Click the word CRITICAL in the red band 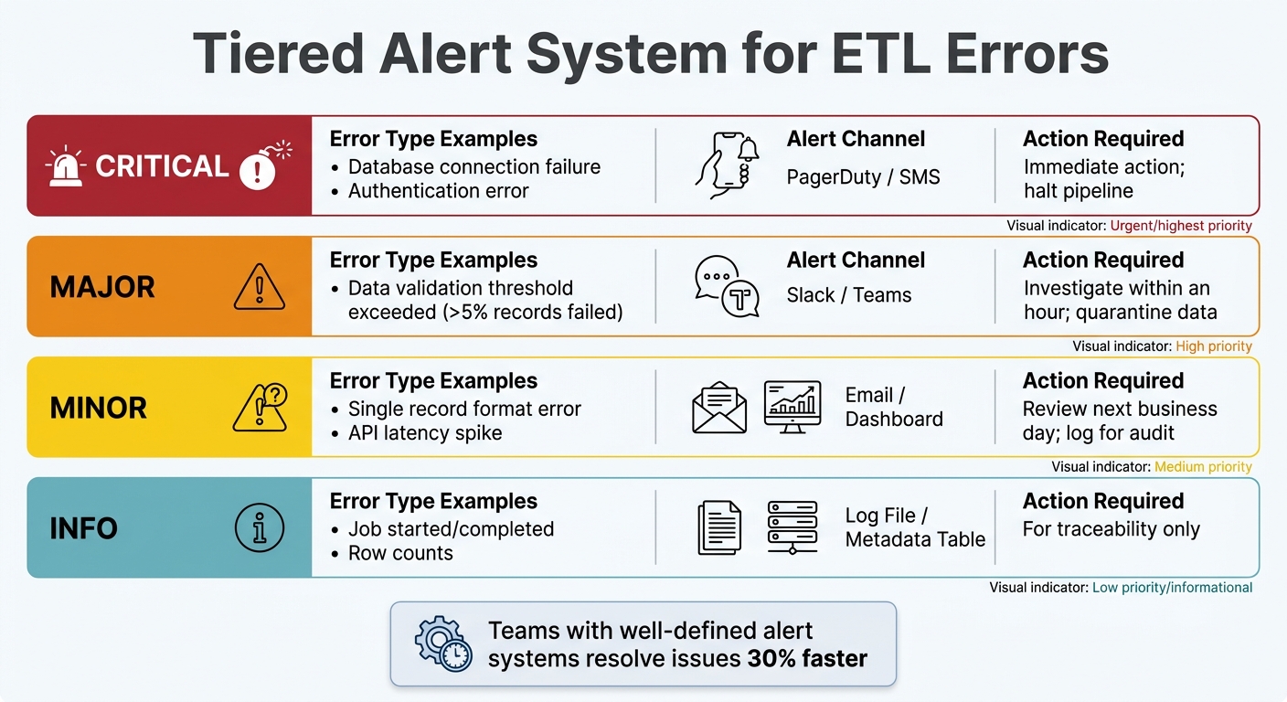point(162,166)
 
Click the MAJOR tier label point(102,287)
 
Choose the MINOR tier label point(99,408)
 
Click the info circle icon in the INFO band point(260,528)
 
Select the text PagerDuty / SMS point(863,176)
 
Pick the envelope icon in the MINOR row point(719,409)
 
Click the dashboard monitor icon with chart point(792,407)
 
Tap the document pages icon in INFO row point(719,528)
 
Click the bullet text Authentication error point(438,191)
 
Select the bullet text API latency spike point(425,432)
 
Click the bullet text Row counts point(400,553)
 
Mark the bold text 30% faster point(807,658)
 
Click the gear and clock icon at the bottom point(442,643)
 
